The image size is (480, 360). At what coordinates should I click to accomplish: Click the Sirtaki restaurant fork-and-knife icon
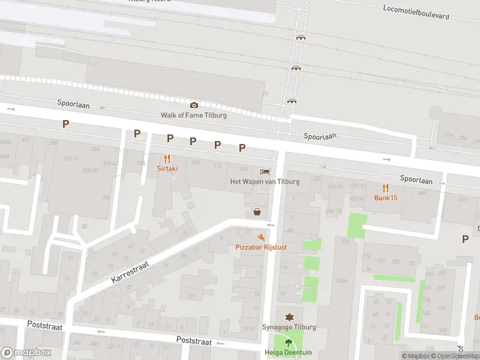[167, 159]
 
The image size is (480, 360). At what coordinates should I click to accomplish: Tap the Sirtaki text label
[167, 169]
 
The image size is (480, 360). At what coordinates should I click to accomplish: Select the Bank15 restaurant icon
[386, 188]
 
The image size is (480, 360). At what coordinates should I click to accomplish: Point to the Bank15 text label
[386, 198]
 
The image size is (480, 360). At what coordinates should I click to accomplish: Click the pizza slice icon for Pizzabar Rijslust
[260, 238]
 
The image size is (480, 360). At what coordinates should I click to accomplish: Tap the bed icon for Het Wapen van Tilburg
[265, 171]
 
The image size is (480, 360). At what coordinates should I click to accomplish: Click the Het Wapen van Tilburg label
[265, 181]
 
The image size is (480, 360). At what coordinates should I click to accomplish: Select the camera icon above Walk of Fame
[194, 105]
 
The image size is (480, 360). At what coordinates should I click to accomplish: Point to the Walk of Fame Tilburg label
[194, 115]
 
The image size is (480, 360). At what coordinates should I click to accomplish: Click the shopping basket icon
[257, 211]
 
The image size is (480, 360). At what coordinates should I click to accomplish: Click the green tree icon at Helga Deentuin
[289, 343]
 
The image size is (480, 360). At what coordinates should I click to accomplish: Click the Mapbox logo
[26, 353]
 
